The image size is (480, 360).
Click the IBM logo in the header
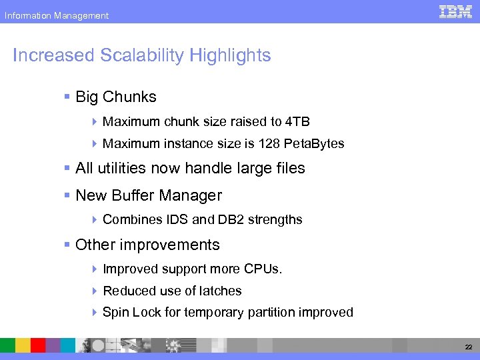tap(455, 11)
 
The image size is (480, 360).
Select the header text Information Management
tap(56, 15)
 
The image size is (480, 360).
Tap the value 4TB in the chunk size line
tap(297, 122)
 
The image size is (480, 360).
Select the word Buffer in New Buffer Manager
tap(134, 196)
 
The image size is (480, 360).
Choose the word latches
tap(221, 291)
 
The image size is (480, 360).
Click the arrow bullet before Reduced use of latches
tap(95, 291)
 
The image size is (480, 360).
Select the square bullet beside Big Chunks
tap(67, 97)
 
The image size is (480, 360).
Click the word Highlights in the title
tap(230, 55)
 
